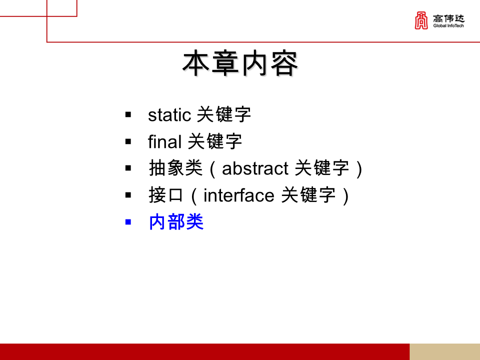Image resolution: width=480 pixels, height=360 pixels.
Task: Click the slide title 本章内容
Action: (240, 63)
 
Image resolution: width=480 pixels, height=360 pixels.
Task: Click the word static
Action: (169, 115)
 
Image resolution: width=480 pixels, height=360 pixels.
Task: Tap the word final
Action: (164, 142)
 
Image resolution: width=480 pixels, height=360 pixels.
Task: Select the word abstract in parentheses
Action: (255, 168)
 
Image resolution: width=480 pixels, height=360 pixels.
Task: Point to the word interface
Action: (239, 195)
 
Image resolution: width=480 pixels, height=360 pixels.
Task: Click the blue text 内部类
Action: (176, 222)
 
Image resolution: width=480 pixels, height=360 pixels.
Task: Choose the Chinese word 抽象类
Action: (175, 168)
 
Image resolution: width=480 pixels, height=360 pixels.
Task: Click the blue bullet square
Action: (128, 221)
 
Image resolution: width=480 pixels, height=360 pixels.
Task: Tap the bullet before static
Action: (128, 115)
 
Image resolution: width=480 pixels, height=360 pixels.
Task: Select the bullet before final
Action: (128, 142)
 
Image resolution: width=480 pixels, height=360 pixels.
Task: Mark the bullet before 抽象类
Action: (128, 168)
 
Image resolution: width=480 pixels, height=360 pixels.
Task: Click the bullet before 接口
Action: (128, 195)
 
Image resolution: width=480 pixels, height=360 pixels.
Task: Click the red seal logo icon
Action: (421, 21)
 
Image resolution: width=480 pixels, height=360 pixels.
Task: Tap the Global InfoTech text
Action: (448, 26)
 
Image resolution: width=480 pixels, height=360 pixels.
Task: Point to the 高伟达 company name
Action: (448, 18)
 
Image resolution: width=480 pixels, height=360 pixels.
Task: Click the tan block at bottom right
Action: (444, 351)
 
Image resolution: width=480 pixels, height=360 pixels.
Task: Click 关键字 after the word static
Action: (223, 115)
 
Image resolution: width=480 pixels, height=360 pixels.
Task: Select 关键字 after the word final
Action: (214, 142)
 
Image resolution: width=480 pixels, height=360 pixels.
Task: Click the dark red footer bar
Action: (204, 351)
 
